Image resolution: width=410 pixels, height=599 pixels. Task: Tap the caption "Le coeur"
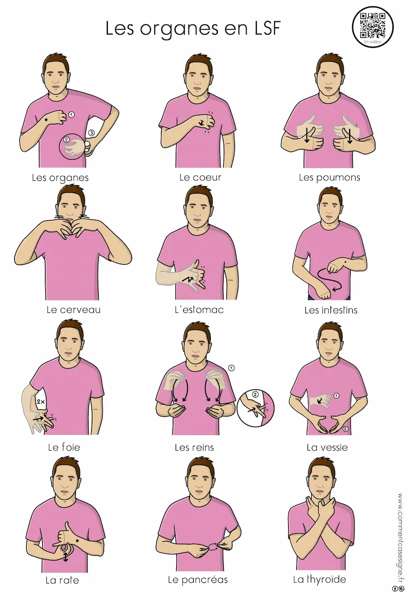(x=200, y=177)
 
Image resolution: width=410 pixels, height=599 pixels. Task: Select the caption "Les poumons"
(x=329, y=178)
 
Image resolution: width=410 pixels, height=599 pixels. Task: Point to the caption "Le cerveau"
(x=73, y=310)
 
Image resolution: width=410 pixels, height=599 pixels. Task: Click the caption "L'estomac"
(x=199, y=310)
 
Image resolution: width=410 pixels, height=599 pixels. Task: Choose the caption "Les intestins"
(x=331, y=310)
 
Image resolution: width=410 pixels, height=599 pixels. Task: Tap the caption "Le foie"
(x=64, y=447)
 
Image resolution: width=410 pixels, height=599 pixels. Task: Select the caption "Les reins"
(x=194, y=447)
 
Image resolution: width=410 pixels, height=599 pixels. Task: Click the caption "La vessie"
(x=327, y=447)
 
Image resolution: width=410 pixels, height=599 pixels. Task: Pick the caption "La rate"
(x=62, y=580)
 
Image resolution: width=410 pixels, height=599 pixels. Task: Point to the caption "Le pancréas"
(x=198, y=580)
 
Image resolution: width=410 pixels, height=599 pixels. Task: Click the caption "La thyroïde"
(x=319, y=580)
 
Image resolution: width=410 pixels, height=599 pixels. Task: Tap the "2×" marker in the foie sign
(x=41, y=402)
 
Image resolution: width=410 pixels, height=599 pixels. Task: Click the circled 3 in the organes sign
(x=91, y=133)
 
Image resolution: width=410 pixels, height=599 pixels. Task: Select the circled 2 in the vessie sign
(x=345, y=429)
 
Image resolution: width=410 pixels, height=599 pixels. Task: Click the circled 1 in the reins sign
(x=231, y=368)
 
